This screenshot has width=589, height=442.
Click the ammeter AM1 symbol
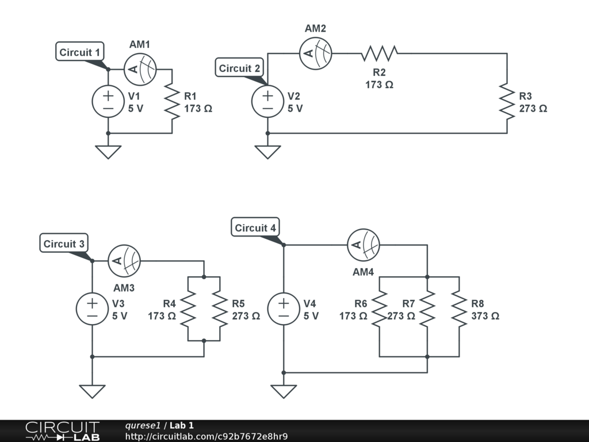pyautogui.click(x=140, y=70)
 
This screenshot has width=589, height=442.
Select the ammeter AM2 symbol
pyautogui.click(x=316, y=54)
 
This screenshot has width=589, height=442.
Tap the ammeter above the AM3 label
pyautogui.click(x=124, y=261)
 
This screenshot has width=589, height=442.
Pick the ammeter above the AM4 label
pyautogui.click(x=364, y=245)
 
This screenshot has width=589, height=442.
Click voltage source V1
pyautogui.click(x=108, y=101)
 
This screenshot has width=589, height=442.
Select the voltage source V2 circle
pyautogui.click(x=267, y=101)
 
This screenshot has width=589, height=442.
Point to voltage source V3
pyautogui.click(x=92, y=308)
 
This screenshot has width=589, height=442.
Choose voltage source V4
pyautogui.click(x=284, y=308)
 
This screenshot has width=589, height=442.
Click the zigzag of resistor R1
pyautogui.click(x=172, y=101)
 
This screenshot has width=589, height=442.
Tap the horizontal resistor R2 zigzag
pyautogui.click(x=380, y=54)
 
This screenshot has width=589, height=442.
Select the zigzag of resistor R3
pyautogui.click(x=507, y=101)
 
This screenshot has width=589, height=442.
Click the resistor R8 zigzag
pyautogui.click(x=459, y=308)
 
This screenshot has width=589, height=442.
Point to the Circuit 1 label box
pyautogui.click(x=80, y=52)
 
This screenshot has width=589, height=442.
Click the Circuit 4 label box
pyautogui.click(x=255, y=228)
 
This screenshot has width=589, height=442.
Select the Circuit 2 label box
pyautogui.click(x=239, y=68)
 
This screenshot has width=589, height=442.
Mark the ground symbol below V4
pyautogui.click(x=284, y=391)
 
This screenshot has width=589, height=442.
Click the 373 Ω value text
pyautogui.click(x=485, y=316)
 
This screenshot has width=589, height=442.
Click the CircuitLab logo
pyautogui.click(x=62, y=430)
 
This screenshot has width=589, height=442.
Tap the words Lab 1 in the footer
pyautogui.click(x=181, y=425)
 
